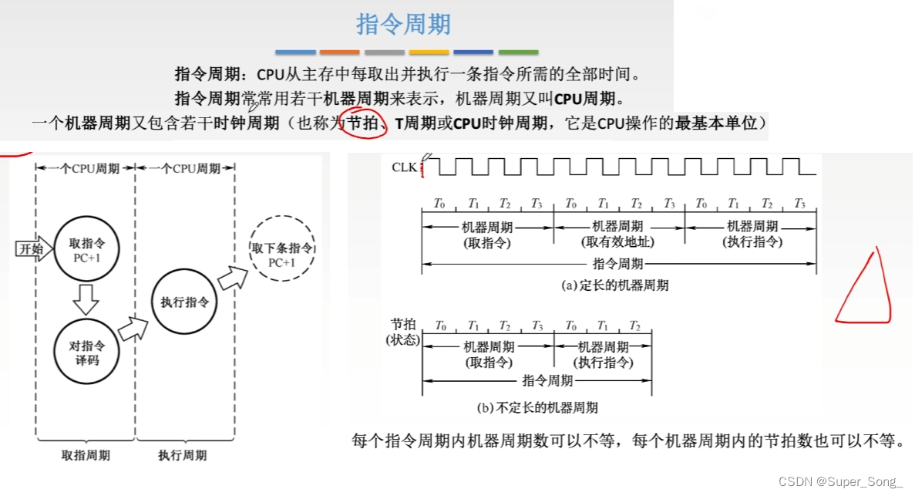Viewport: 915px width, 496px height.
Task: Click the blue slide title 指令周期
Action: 403,24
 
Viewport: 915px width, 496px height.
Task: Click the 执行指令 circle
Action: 183,302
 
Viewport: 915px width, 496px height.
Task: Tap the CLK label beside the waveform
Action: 405,167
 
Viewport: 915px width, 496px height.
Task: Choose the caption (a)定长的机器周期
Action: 614,285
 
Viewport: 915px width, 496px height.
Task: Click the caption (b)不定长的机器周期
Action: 537,407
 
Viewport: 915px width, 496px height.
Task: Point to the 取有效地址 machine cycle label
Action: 617,241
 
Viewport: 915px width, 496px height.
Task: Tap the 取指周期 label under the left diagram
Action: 86,455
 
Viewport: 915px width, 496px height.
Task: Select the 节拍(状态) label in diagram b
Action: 402,332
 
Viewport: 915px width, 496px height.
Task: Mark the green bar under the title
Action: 518,52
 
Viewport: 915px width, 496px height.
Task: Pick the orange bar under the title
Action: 339,52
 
